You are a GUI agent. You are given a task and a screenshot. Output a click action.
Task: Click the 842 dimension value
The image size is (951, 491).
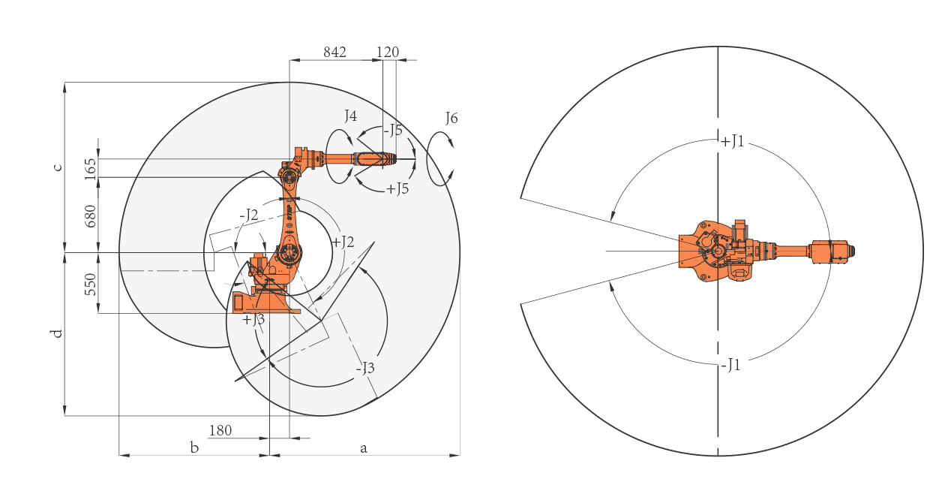pos(334,52)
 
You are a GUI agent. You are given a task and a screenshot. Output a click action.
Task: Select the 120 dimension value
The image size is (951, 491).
pos(388,52)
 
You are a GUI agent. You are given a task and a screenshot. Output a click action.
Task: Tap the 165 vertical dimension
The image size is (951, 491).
pos(91,169)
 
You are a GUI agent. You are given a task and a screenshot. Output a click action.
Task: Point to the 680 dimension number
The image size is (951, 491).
pos(91,216)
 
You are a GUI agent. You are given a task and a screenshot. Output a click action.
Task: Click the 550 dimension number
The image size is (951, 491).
pos(91,285)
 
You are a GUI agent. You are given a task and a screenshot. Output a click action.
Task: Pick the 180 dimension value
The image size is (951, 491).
pos(220,431)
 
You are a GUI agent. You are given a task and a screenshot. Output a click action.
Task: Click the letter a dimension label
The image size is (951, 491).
pos(364,448)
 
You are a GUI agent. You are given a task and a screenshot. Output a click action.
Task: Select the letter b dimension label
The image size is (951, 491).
pos(194,447)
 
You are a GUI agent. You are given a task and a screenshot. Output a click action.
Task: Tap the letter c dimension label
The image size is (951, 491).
pos(58,167)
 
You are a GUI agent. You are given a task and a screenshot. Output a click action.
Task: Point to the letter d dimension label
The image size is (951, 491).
pos(57,333)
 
